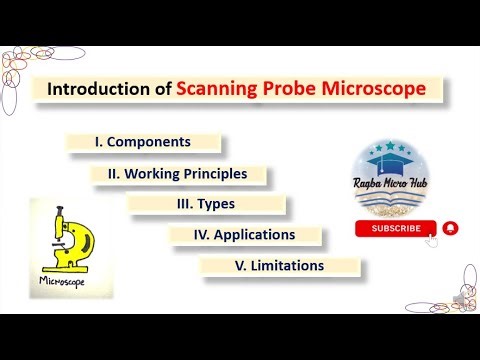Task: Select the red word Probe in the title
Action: click(x=301, y=89)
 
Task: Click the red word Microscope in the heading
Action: click(x=385, y=89)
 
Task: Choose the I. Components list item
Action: click(x=142, y=142)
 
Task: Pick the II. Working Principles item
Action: click(x=184, y=173)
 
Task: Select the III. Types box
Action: click(x=207, y=204)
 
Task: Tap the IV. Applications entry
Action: click(x=245, y=235)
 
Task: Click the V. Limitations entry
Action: click(x=279, y=266)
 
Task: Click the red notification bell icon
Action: click(x=451, y=228)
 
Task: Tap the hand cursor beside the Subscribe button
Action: click(x=432, y=237)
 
